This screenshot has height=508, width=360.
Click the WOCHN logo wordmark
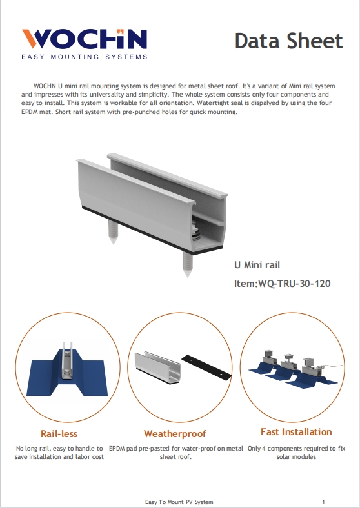click(85, 41)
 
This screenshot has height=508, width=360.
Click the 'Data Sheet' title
click(288, 41)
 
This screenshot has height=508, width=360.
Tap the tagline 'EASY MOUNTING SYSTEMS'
click(85, 57)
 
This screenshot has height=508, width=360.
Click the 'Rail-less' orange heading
click(59, 433)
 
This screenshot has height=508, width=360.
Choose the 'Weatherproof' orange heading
click(175, 433)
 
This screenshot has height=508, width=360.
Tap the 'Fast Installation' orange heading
click(296, 432)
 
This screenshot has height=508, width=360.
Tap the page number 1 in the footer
click(323, 502)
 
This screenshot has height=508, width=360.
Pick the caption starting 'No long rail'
click(59, 453)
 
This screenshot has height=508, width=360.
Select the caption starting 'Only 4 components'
click(297, 453)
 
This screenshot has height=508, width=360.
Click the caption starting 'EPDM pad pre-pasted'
click(176, 453)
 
